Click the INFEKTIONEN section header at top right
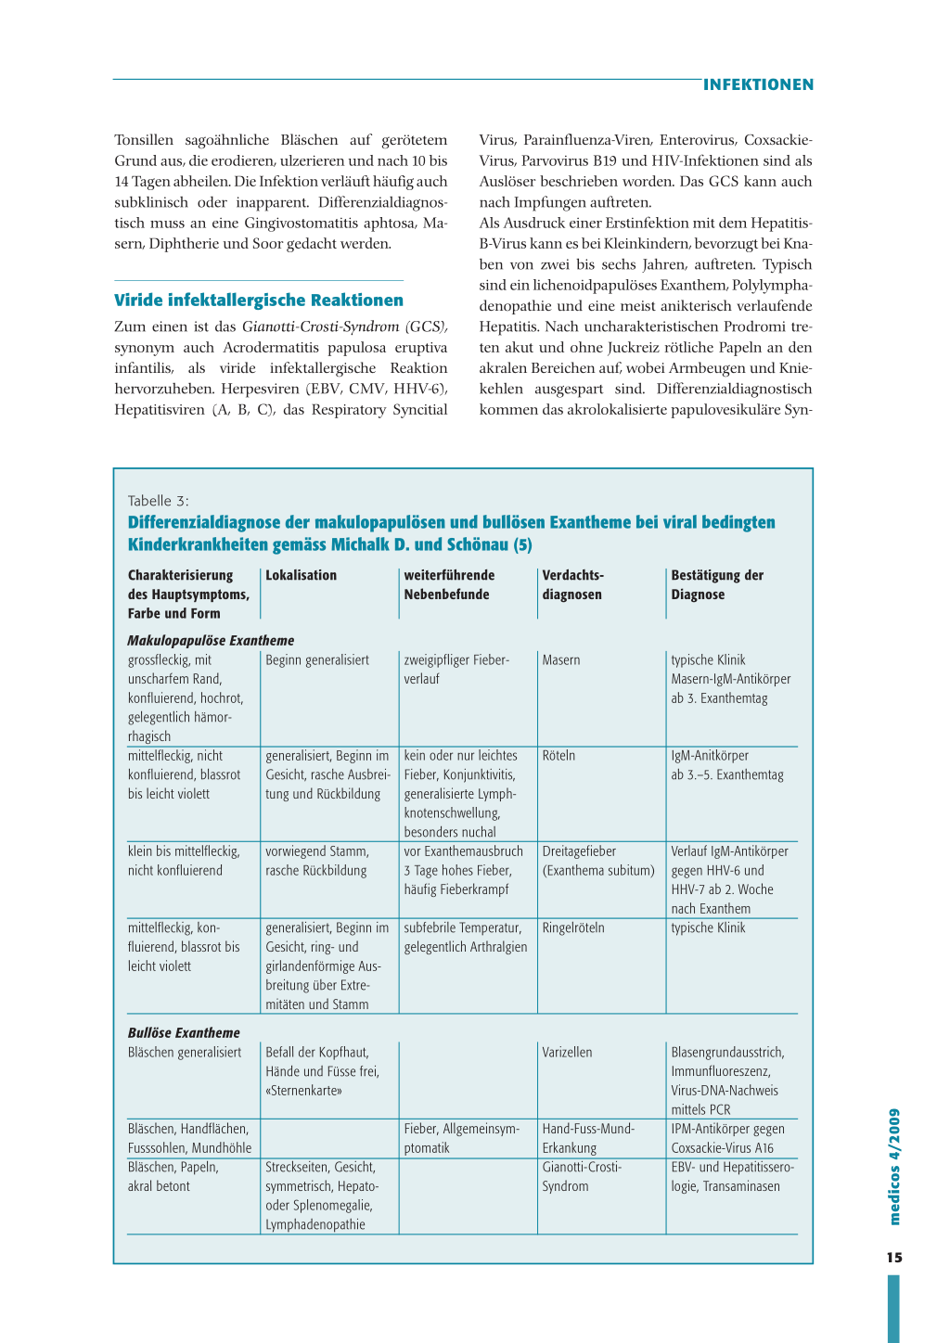pos(758,85)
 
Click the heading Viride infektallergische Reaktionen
pos(258,301)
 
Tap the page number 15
pos(893,1258)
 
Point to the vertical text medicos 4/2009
pos(894,1167)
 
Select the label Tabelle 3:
pos(159,501)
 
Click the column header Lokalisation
pos(301,575)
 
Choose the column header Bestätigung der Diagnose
pos(717,585)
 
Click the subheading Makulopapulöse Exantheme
pos(211,641)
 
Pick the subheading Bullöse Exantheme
pos(184,1033)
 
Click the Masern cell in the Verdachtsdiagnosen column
pos(561,660)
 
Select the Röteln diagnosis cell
pos(558,756)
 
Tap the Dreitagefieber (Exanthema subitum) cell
pos(598,861)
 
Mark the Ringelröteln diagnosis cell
pos(573,927)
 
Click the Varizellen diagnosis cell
pos(567,1053)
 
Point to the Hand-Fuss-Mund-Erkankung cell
pos(588,1138)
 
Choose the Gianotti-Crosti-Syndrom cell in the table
pos(582,1176)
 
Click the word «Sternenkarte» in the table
pos(303,1091)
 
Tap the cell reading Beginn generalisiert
pos(317,660)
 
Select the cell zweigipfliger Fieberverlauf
pos(456,670)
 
